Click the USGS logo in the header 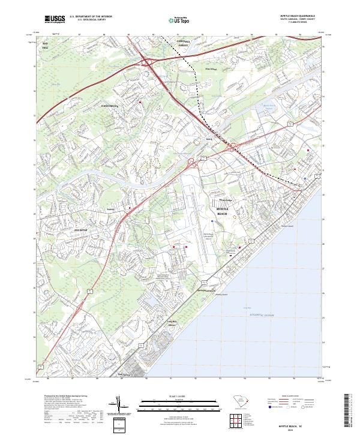55,19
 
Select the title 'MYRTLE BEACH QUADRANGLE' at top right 300,16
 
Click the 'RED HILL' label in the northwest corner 45,46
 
